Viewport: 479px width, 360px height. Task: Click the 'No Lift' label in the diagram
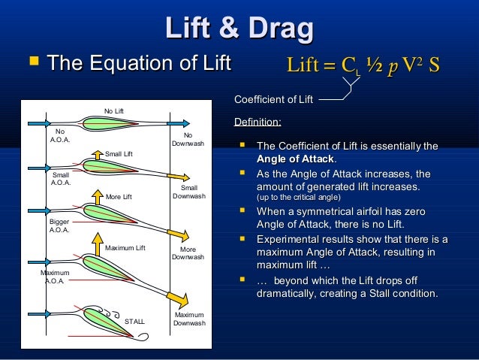pyautogui.click(x=114, y=111)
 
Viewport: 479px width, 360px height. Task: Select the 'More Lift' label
pyautogui.click(x=119, y=197)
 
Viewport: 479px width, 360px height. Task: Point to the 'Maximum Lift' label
pyautogui.click(x=125, y=247)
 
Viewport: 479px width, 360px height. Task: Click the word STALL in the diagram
pyautogui.click(x=134, y=322)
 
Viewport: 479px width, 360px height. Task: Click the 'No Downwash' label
pyautogui.click(x=188, y=139)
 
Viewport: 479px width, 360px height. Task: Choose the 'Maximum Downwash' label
pyautogui.click(x=189, y=319)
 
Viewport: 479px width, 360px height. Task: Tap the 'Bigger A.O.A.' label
pyautogui.click(x=59, y=225)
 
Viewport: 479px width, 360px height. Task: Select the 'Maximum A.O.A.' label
pyautogui.click(x=55, y=277)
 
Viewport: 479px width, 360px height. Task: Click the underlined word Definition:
pyautogui.click(x=258, y=122)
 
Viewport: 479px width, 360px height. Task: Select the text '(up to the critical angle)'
pyautogui.click(x=298, y=198)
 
